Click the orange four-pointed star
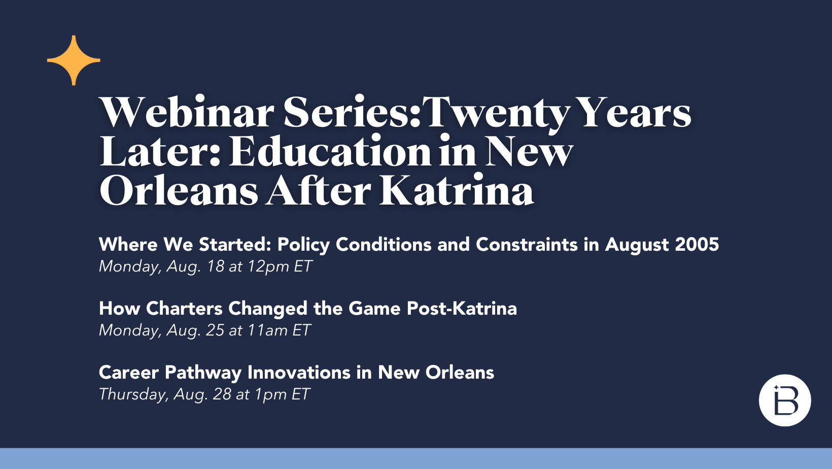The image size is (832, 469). pos(74,60)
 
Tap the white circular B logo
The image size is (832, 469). pos(785,400)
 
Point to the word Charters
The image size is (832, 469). pos(184,309)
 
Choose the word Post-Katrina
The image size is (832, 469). pos(462,309)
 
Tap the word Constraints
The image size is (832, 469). pos(527,245)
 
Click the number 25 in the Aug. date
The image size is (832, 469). pos(215,330)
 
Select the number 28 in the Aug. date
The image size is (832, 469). pos(222,394)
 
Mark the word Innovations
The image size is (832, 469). pos(299,373)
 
